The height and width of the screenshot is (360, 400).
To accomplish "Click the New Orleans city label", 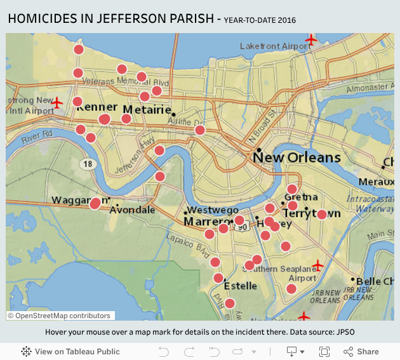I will click(297, 157).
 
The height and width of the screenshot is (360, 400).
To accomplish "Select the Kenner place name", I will click(97, 107).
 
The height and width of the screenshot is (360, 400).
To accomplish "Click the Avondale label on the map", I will click(133, 210).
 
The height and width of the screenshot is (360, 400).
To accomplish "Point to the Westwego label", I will click(213, 210).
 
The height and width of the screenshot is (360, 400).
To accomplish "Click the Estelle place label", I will click(241, 286).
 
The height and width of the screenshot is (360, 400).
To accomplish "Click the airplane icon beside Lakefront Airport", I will click(310, 41).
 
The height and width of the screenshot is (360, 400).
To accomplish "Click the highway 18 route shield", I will click(87, 164).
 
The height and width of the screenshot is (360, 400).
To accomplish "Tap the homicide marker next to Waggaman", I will click(95, 203).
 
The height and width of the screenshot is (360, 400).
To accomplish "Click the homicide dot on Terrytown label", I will click(321, 215).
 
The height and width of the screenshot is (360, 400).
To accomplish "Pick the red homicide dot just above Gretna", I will click(292, 189).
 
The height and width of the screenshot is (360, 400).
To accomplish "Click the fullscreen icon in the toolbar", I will click(324, 351).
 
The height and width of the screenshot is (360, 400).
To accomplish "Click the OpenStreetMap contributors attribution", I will click(60, 316).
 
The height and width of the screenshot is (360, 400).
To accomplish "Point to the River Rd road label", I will click(37, 135).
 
